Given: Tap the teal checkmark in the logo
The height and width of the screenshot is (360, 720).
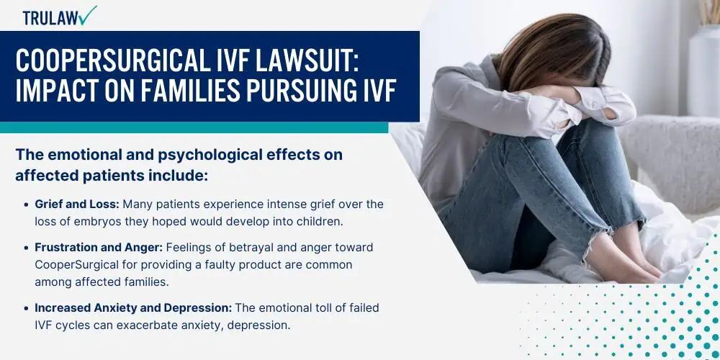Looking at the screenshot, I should coord(89,14).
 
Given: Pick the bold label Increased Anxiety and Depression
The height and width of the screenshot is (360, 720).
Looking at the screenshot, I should coord(133,308).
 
